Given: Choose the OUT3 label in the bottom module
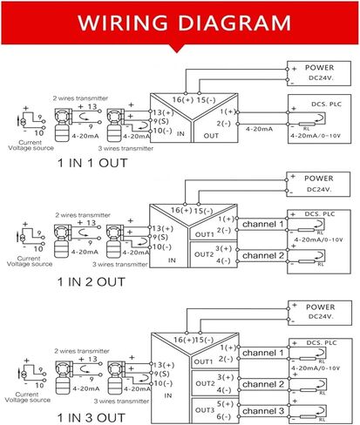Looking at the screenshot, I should [x=203, y=409].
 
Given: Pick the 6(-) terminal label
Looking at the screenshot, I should [x=226, y=415].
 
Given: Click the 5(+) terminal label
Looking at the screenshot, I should [x=226, y=404].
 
